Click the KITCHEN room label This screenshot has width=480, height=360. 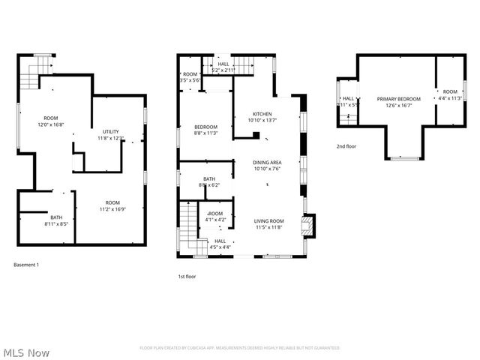[x=261, y=114]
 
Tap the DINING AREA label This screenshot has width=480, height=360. [x=266, y=162]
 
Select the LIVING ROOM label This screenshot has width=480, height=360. [x=268, y=220]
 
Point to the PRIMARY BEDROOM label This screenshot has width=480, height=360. [x=398, y=99]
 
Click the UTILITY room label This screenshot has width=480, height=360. [x=110, y=132]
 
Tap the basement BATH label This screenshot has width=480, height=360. [x=56, y=217]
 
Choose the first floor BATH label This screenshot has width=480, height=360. [x=208, y=178]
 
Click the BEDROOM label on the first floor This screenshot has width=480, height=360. [x=205, y=127]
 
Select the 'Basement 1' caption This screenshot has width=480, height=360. [x=27, y=265]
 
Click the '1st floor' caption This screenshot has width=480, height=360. [x=187, y=277]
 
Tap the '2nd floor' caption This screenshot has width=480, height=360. [x=346, y=146]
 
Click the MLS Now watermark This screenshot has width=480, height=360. [x=26, y=352]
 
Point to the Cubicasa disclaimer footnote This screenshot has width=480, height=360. [x=240, y=348]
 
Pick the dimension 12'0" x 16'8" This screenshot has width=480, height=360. [x=51, y=124]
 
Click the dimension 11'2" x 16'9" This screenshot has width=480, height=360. [x=112, y=208]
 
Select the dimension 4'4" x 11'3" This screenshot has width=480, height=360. [x=450, y=105]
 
